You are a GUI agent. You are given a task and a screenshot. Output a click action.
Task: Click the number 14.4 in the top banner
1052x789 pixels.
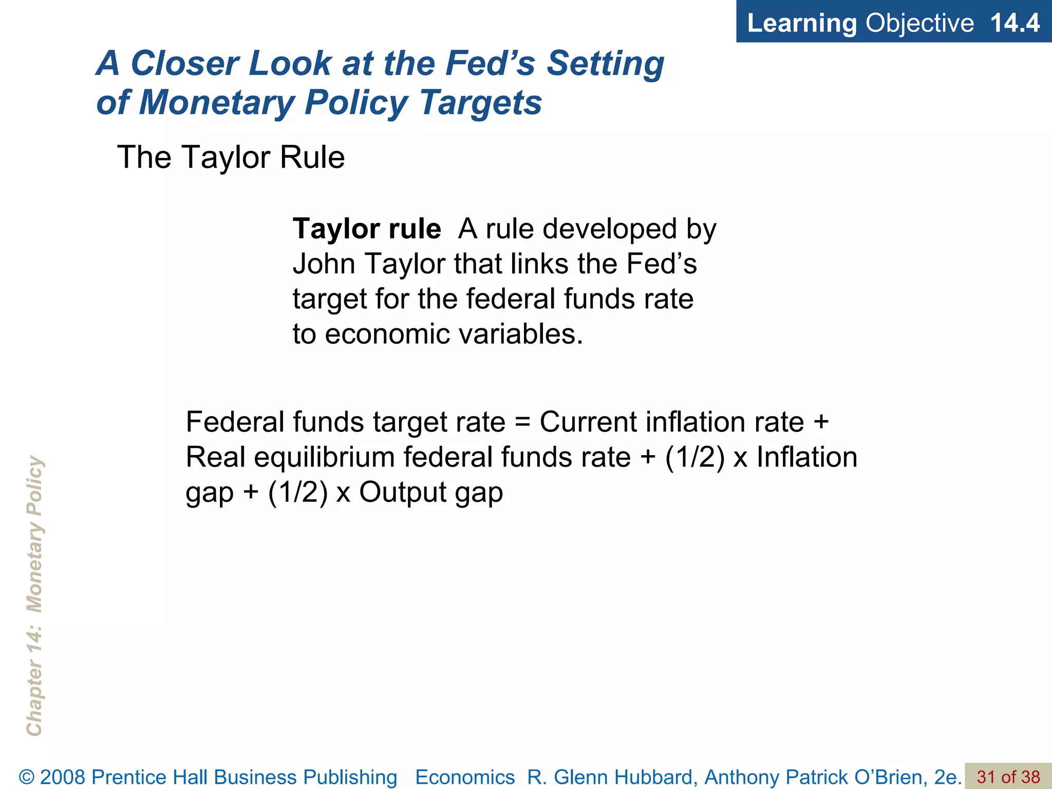pos(1014,23)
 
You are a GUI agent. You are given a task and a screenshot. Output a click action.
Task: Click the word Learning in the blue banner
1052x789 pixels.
pos(801,23)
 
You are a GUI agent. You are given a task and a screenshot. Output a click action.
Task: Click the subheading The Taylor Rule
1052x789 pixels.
pos(231,157)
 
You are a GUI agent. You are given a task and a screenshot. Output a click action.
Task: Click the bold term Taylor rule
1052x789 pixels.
pos(366,229)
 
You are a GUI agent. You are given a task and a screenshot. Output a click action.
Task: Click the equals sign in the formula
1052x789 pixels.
pos(522,422)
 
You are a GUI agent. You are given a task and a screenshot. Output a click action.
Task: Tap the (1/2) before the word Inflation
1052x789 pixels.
pos(694,457)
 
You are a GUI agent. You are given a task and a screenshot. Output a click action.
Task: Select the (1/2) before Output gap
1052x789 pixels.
pos(297,492)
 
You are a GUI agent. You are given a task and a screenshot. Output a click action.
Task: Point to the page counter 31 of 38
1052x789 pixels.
pos(1008,777)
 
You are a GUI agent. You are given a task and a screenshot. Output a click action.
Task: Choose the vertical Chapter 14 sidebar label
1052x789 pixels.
pos(34,596)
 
